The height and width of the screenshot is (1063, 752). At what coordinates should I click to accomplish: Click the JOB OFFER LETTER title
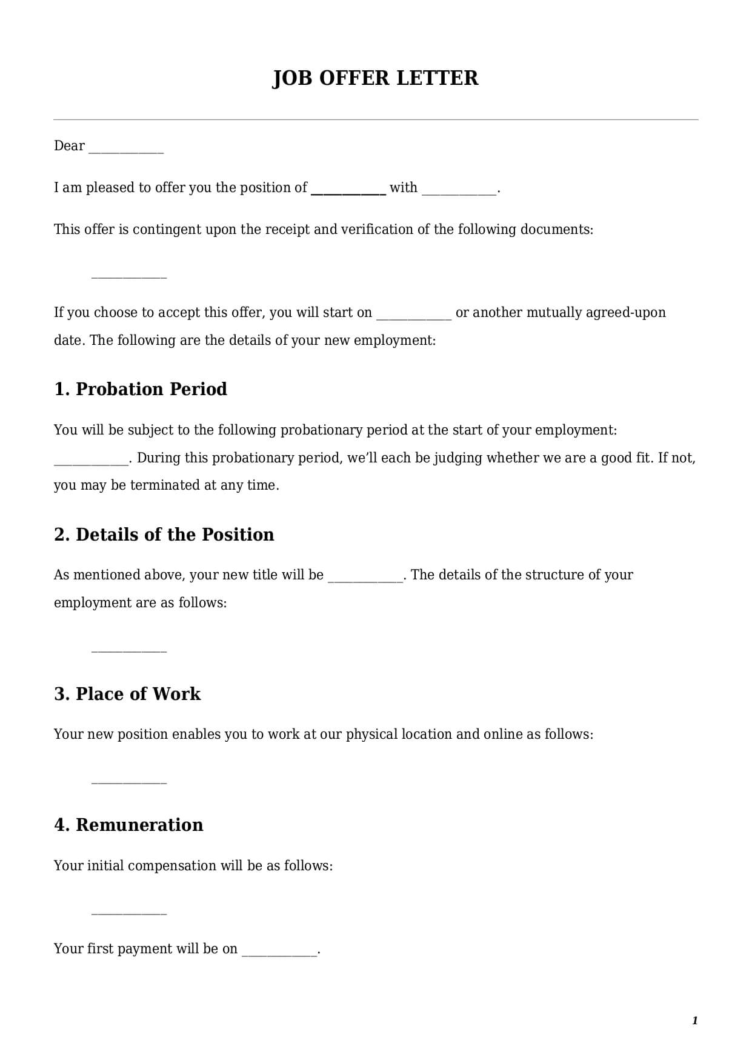(x=375, y=78)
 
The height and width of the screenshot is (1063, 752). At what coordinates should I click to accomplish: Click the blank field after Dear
(x=126, y=149)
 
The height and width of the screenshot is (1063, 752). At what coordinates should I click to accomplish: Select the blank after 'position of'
(x=348, y=191)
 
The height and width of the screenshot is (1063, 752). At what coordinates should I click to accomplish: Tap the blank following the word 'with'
(x=459, y=191)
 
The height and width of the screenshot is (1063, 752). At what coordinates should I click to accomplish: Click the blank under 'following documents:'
(x=128, y=275)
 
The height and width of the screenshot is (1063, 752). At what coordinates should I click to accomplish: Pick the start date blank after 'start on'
(x=414, y=316)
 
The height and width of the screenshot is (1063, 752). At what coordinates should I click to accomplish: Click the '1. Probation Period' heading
(x=141, y=389)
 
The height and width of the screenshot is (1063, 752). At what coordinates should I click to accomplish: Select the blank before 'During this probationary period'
(x=91, y=461)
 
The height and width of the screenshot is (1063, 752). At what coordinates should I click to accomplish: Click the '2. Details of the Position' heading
(x=164, y=535)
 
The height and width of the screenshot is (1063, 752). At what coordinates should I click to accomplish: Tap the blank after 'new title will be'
(x=365, y=578)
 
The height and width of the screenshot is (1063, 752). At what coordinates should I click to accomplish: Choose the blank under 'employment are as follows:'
(x=128, y=649)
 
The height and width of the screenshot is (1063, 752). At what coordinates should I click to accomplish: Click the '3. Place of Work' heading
(x=127, y=694)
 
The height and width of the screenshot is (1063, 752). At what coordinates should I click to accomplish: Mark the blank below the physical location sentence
(x=128, y=781)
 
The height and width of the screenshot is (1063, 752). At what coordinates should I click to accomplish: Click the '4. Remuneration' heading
(x=128, y=825)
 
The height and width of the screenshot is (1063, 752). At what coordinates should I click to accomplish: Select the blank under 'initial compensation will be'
(x=128, y=911)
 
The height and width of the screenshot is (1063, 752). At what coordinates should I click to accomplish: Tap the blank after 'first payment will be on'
(x=279, y=952)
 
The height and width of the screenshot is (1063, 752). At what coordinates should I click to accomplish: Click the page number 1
(x=694, y=1021)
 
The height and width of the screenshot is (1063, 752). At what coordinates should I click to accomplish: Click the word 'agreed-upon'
(x=625, y=313)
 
